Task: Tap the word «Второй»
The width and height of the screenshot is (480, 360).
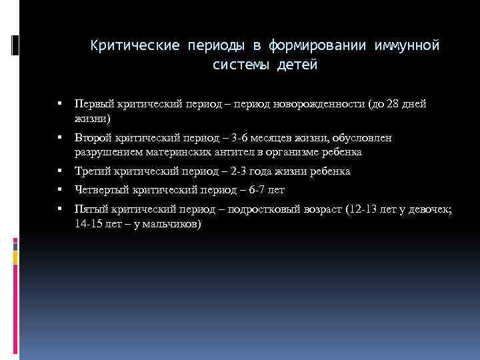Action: [x=94, y=138]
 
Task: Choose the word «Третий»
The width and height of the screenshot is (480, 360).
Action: [x=95, y=171]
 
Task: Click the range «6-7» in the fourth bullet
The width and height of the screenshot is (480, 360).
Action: [x=257, y=190]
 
